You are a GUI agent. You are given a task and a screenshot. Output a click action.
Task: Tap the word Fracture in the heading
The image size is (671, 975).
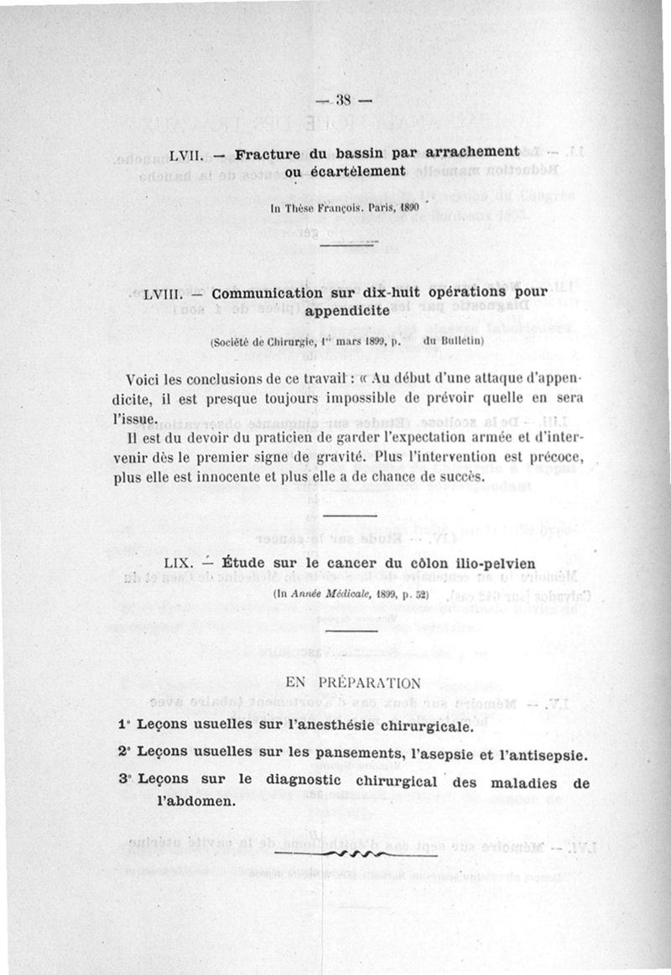268,155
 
